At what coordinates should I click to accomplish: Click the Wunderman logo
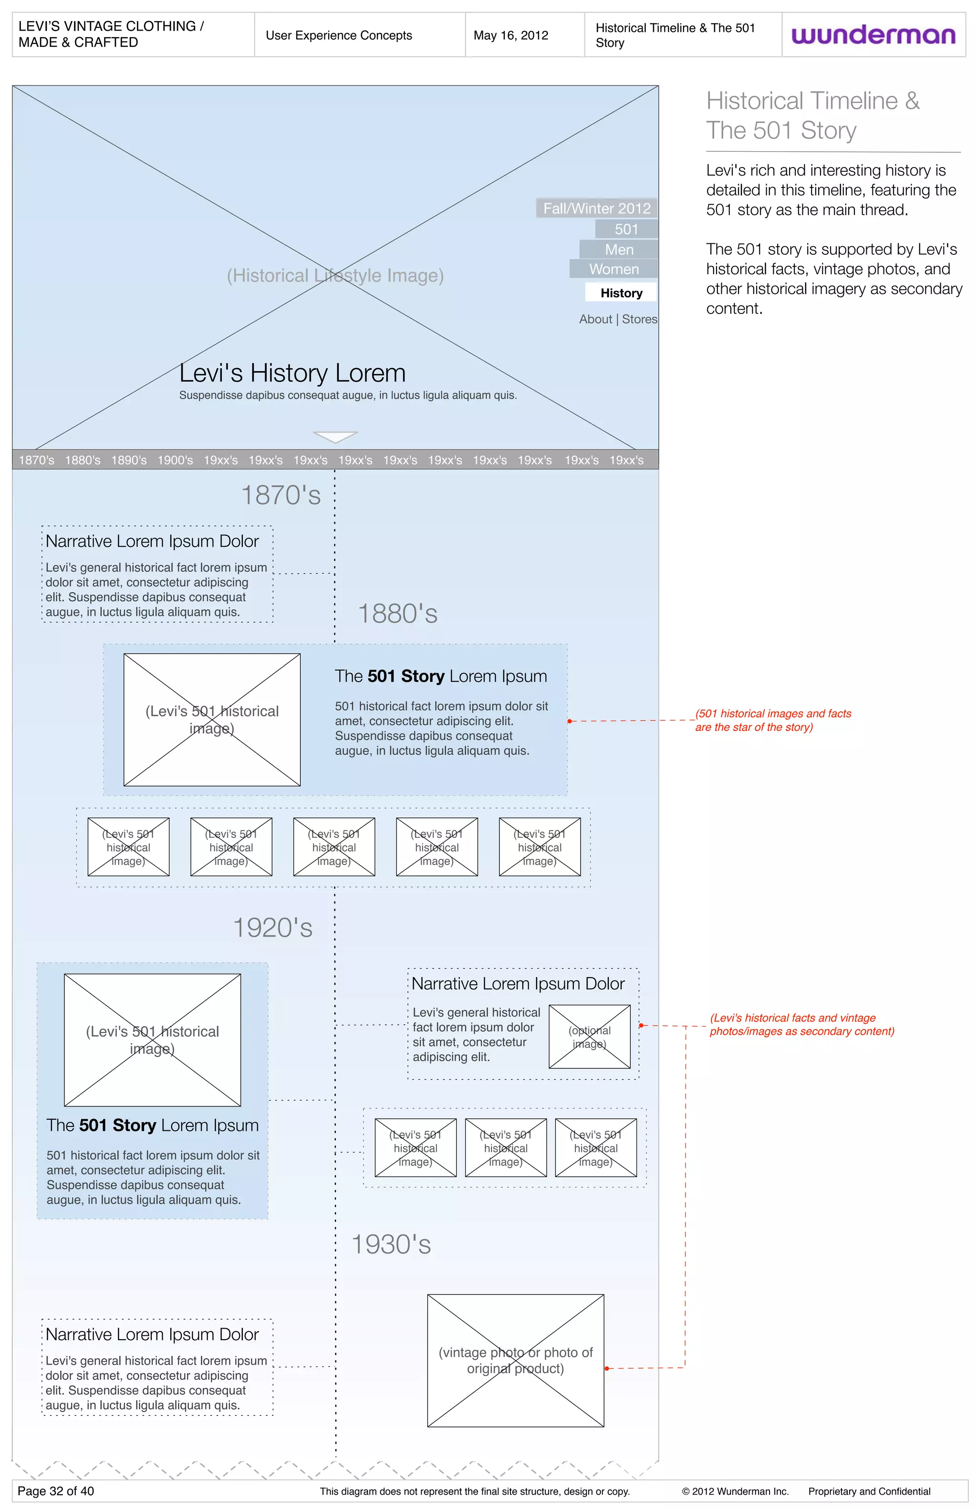point(873,35)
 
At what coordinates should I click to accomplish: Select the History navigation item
point(621,292)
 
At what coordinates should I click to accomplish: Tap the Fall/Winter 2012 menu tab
point(596,208)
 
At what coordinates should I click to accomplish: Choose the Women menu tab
point(613,269)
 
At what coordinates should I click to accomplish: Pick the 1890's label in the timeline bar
point(129,460)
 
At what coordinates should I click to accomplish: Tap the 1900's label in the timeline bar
point(175,460)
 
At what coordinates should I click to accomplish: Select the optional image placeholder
point(589,1037)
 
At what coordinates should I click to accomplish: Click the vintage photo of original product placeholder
point(515,1360)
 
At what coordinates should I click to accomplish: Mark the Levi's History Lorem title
point(292,373)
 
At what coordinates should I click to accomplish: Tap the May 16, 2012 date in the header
point(511,35)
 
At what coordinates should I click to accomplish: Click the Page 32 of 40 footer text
point(56,1491)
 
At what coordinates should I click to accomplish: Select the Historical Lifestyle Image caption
point(335,275)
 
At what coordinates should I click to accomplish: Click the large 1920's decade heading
point(273,927)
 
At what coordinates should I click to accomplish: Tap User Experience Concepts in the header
point(339,35)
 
